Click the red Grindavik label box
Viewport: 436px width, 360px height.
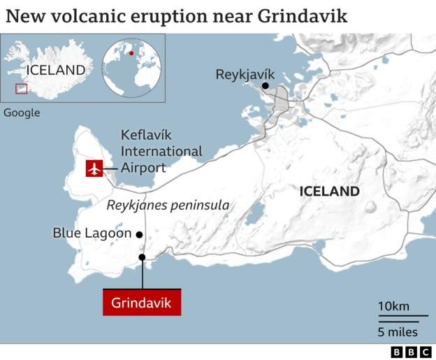coord(142,303)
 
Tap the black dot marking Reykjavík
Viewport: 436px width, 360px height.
coord(266,87)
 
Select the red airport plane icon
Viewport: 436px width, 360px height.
coord(94,168)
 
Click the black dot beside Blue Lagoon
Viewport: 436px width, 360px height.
coord(140,234)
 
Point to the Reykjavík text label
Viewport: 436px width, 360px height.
coord(245,73)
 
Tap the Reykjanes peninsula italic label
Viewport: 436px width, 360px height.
coord(168,206)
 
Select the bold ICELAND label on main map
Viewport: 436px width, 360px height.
coord(329,191)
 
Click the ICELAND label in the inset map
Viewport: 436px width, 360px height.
coord(56,70)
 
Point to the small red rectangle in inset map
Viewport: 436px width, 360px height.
coord(22,89)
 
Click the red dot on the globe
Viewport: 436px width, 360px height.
coord(131,52)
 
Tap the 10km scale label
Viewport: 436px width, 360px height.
coord(393,306)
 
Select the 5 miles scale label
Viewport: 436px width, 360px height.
coord(398,331)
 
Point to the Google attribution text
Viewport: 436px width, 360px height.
coord(22,113)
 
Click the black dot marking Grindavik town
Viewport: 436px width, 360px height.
coord(142,258)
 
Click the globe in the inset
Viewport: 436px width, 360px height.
coord(131,67)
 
